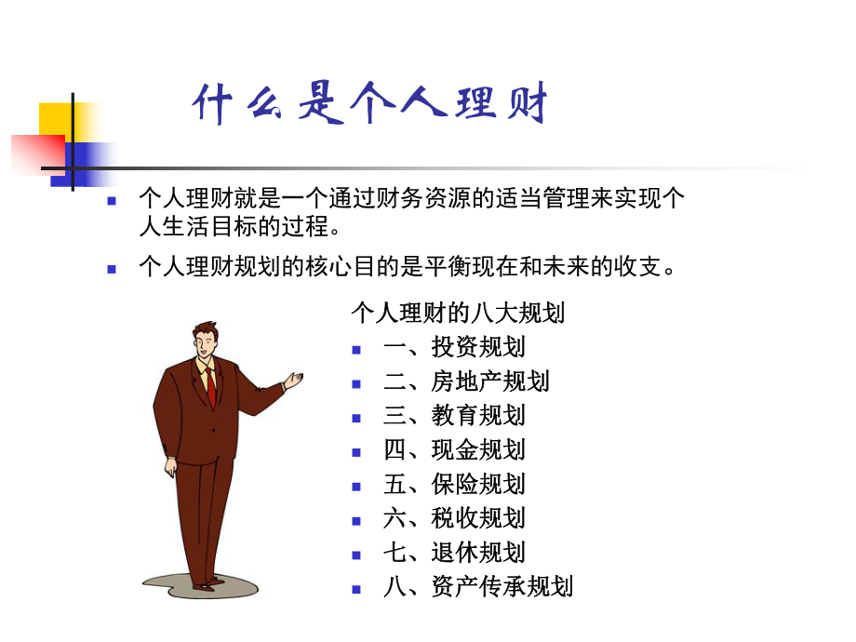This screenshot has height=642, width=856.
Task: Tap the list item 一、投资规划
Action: [x=454, y=347]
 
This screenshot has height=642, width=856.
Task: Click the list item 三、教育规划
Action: [x=454, y=415]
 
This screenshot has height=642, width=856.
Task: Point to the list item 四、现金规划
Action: [x=454, y=449]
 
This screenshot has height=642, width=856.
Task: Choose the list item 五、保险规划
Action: [x=454, y=484]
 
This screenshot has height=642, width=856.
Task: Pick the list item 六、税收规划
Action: [x=454, y=517]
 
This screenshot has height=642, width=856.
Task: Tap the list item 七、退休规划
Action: [x=454, y=552]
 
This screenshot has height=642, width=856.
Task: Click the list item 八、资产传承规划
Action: [x=478, y=586]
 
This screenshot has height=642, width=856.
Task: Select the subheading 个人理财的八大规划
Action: [x=458, y=313]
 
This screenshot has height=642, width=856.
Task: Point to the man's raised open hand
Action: [x=294, y=380]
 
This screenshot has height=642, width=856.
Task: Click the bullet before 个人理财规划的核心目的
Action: [x=112, y=269]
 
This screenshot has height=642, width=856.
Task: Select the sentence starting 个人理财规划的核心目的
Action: [x=405, y=267]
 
